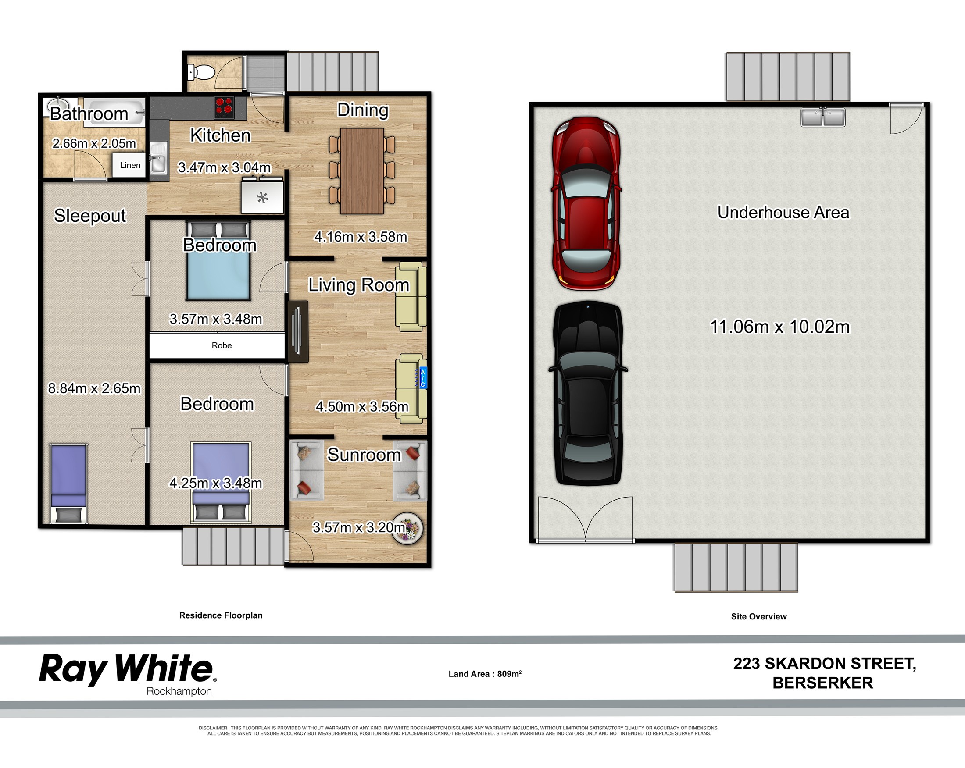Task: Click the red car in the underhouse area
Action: (x=586, y=203)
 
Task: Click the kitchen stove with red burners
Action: (x=224, y=107)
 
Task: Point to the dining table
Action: (x=361, y=171)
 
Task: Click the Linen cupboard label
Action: (x=130, y=165)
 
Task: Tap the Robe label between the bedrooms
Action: (x=222, y=345)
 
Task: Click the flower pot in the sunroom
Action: (x=407, y=528)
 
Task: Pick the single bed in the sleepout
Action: (x=68, y=483)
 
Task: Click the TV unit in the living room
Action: (x=298, y=331)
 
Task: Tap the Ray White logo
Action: (x=128, y=674)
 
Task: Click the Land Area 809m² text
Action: (x=485, y=674)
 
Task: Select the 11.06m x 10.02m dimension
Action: (x=780, y=327)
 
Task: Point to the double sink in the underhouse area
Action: (x=823, y=117)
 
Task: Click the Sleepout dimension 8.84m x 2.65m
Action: (x=94, y=388)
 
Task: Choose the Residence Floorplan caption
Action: (x=221, y=615)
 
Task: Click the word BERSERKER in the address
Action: (x=823, y=683)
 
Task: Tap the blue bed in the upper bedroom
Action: (x=218, y=261)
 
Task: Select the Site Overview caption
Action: (x=759, y=616)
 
